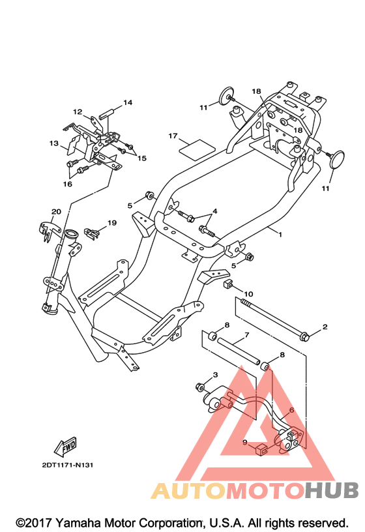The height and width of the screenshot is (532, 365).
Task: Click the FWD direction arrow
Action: (65, 447)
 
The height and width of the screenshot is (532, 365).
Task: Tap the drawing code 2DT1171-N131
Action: (68, 465)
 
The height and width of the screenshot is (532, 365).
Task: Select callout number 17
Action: (173, 136)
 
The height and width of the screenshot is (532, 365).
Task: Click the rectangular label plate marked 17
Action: (197, 149)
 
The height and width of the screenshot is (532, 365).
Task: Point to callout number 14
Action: (128, 102)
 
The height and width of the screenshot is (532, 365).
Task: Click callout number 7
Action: (246, 335)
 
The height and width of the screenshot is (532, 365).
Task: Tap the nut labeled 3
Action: (200, 386)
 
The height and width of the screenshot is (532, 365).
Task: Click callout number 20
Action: (56, 211)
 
